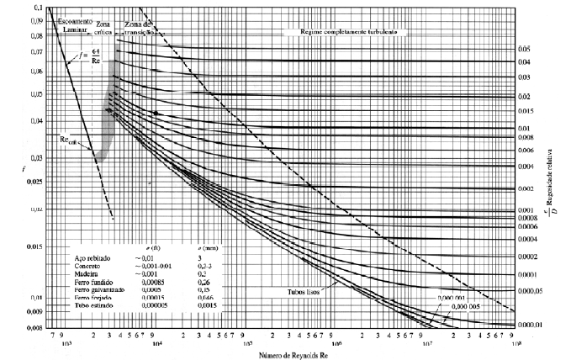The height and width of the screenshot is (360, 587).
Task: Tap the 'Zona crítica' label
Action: tap(104, 28)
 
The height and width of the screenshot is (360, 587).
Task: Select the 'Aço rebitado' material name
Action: tap(93, 255)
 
